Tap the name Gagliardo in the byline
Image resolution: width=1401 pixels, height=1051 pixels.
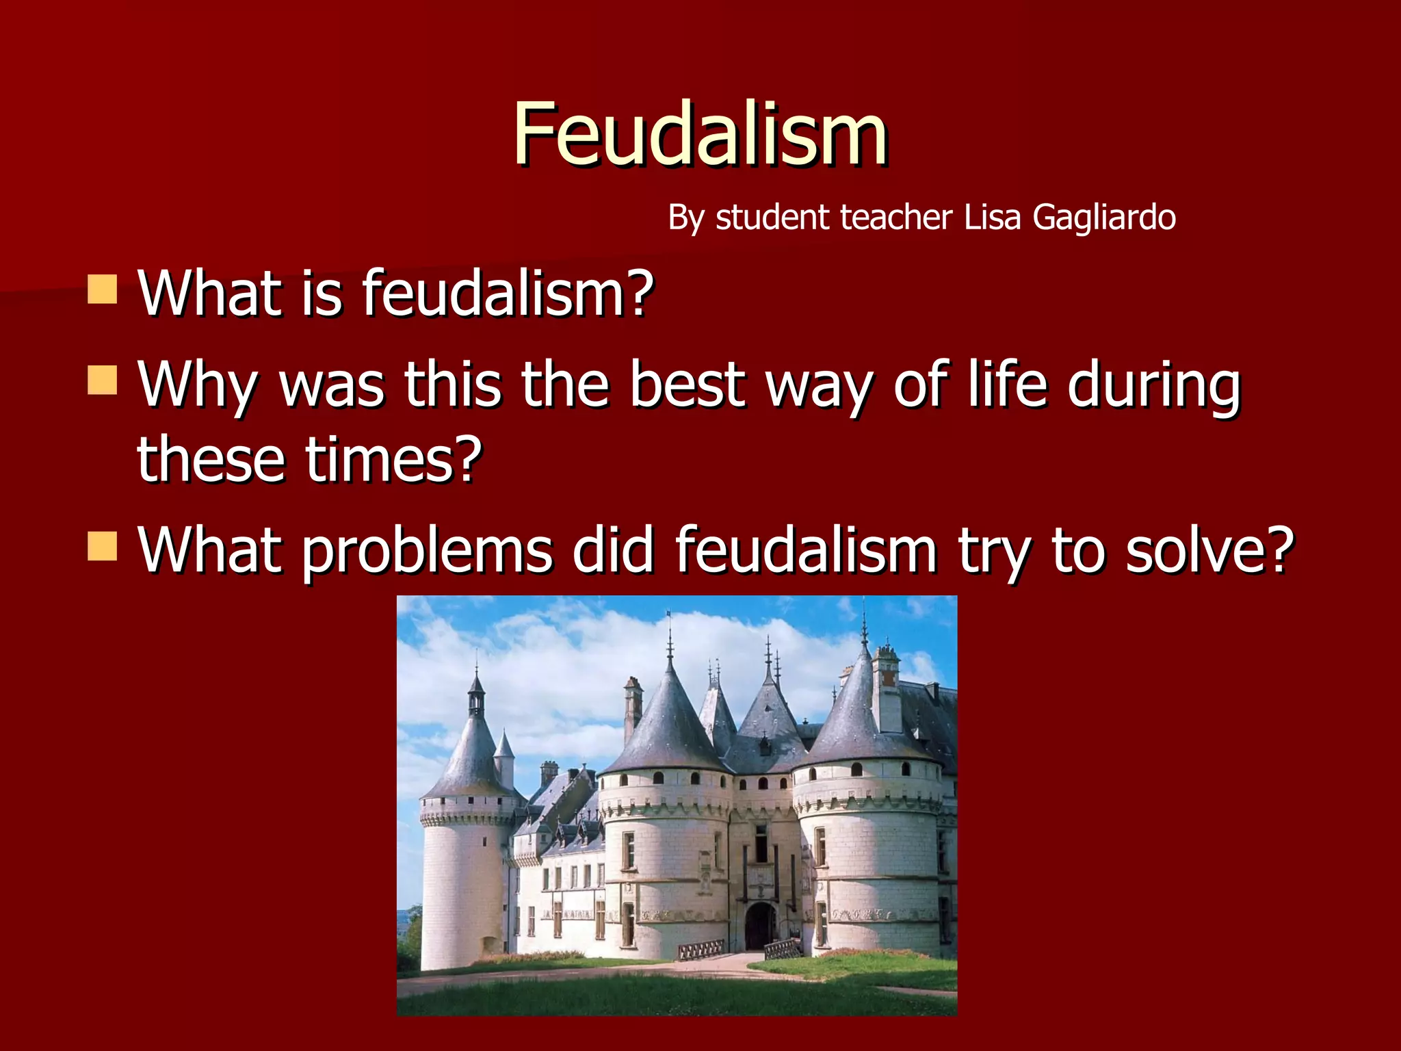[x=1103, y=218]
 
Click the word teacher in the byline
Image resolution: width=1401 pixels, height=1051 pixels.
[x=895, y=217]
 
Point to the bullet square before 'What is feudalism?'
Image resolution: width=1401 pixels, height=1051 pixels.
[x=103, y=289]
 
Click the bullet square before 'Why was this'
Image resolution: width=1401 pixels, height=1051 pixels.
[x=103, y=381]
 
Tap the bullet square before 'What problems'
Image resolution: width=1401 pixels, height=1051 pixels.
[x=103, y=547]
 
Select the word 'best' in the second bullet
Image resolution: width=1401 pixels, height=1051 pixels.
[x=686, y=385]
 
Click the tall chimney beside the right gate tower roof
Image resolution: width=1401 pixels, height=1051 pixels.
[x=887, y=691]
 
